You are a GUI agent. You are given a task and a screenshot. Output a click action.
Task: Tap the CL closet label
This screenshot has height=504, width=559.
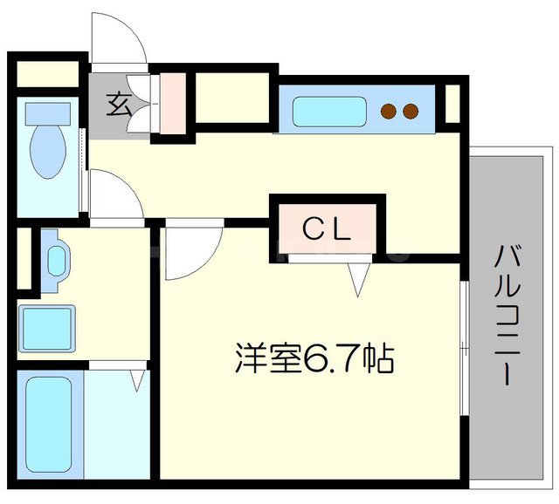(x=327, y=228)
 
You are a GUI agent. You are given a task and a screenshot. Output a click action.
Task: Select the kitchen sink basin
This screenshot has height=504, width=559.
(x=324, y=112)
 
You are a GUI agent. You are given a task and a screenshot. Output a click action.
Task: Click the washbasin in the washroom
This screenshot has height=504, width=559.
(x=57, y=260)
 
